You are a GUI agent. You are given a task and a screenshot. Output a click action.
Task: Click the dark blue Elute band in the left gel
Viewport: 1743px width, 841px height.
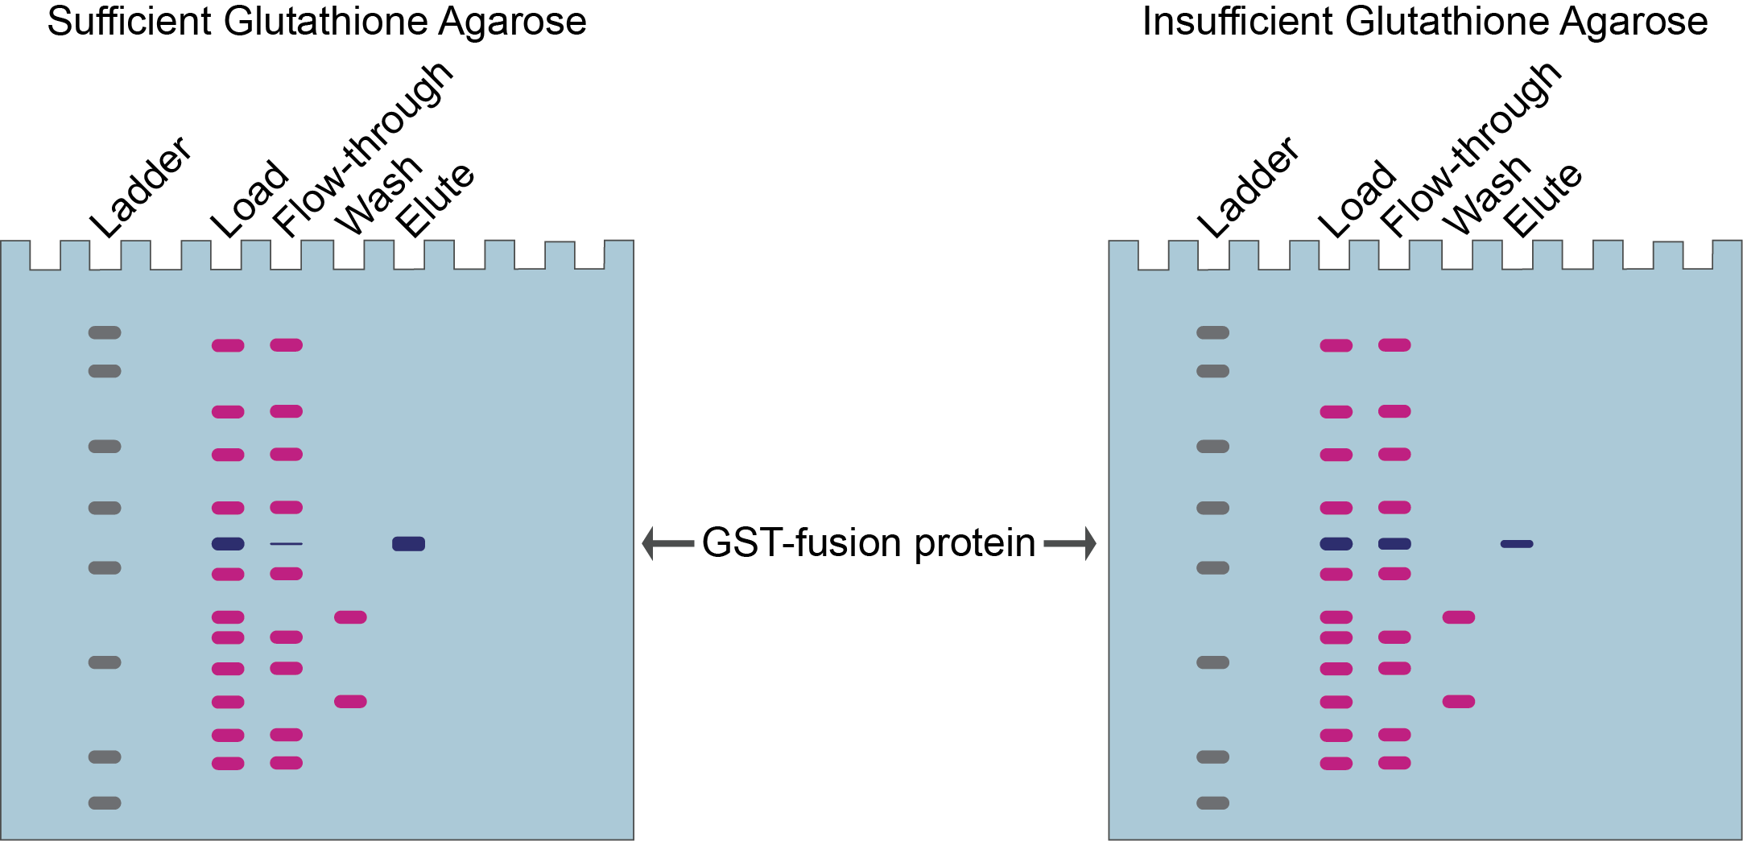click(408, 544)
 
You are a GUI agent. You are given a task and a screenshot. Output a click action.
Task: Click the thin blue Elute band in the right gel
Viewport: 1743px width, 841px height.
click(1517, 544)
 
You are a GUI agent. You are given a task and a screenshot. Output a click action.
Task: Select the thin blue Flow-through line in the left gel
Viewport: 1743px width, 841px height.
click(286, 544)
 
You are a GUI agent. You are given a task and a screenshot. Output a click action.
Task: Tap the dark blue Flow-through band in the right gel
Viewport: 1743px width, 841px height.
click(1394, 544)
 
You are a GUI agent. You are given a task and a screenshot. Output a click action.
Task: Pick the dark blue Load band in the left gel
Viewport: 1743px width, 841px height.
click(228, 544)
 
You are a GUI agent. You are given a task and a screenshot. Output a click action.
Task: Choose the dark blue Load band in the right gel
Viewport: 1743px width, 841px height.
click(1336, 544)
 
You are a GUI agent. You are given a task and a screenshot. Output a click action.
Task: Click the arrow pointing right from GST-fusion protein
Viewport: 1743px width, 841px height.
click(1071, 543)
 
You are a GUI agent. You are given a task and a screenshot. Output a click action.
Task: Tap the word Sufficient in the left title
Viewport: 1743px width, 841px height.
click(130, 22)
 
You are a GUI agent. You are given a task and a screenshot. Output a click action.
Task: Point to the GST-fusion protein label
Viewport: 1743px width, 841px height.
click(869, 543)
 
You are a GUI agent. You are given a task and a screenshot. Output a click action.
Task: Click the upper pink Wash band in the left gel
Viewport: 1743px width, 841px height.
click(350, 617)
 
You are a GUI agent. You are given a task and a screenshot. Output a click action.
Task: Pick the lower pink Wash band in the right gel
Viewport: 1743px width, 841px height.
click(1459, 702)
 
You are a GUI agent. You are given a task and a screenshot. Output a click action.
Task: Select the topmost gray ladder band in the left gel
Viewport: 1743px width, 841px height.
click(105, 332)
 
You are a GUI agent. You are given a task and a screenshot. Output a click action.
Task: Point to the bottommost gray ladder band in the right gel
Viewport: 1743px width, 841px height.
click(1213, 803)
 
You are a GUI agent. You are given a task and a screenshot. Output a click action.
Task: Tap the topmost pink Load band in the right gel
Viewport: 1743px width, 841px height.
click(1336, 346)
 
